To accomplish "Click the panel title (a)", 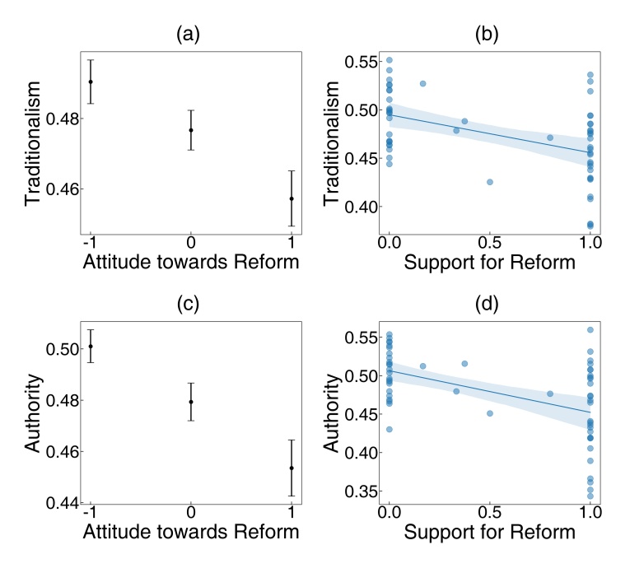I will [190, 35].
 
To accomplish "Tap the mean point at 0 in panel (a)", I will [191, 130].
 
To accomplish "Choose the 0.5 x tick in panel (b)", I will [490, 244].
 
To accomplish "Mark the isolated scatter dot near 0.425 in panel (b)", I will [490, 181].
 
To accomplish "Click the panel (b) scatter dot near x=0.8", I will [550, 137].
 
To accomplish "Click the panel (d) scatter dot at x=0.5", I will [490, 413].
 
